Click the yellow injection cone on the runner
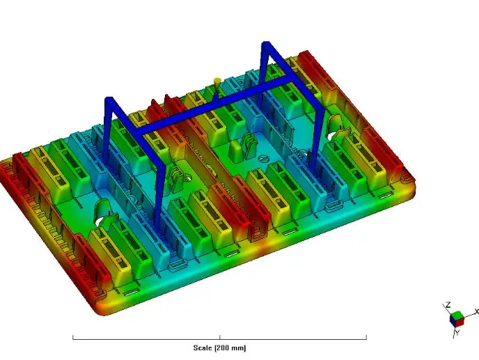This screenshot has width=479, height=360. coord(217,82)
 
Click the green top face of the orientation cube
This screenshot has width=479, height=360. coord(456,315)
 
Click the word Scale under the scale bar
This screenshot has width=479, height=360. coord(203,347)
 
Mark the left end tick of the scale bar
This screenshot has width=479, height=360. coord(73,338)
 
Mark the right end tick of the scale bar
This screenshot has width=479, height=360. coord(366,338)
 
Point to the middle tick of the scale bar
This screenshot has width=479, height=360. coord(220,338)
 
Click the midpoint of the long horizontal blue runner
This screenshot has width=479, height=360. coord(217,107)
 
